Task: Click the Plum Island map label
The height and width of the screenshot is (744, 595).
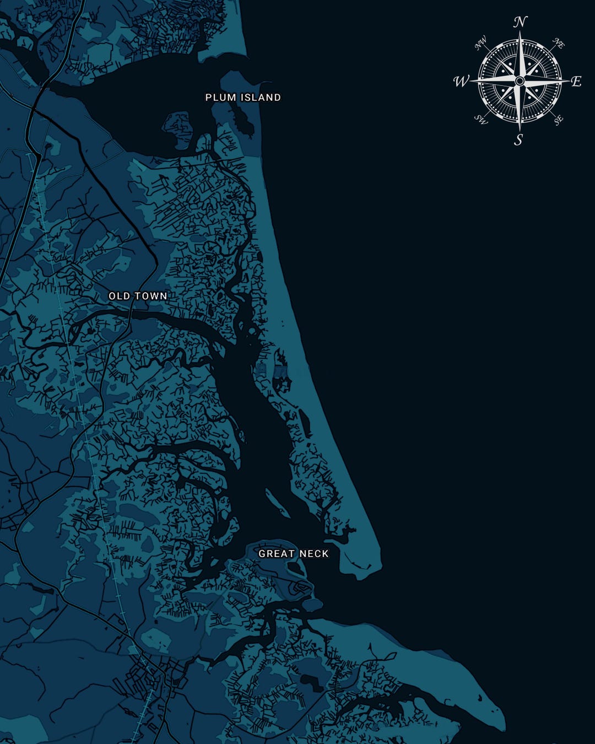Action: coord(243,98)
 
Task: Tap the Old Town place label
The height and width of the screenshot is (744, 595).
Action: coord(138,296)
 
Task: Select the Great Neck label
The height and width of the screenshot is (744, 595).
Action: coord(294,553)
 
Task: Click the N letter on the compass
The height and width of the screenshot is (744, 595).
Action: coord(520,23)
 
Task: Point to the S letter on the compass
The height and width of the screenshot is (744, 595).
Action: coord(518,140)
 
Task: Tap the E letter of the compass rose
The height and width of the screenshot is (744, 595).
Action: coord(576,82)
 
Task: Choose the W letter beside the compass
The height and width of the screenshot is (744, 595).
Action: coord(460,82)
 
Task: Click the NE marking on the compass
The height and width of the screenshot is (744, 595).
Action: coord(559,44)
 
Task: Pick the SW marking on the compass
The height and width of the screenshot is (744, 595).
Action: coord(481,120)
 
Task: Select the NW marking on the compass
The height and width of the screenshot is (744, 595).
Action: coord(481,43)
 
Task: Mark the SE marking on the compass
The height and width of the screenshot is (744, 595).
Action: coord(558,120)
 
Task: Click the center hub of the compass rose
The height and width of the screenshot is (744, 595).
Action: coord(520,81)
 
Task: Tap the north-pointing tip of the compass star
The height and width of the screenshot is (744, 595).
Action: coord(520,33)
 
